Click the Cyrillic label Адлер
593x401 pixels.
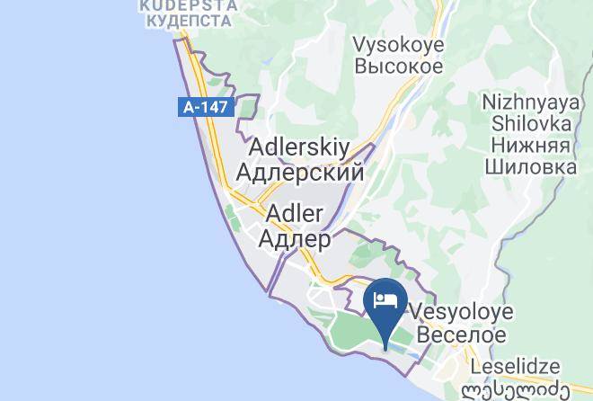pos(294,239)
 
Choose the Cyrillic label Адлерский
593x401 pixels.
pos(298,171)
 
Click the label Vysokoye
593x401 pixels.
pos(397,43)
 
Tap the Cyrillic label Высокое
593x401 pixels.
pos(397,67)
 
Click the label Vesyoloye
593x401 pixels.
pos(460,312)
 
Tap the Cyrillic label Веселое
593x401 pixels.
pos(458,335)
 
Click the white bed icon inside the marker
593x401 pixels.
pos(385,299)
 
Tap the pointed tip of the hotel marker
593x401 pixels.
pos(385,347)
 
